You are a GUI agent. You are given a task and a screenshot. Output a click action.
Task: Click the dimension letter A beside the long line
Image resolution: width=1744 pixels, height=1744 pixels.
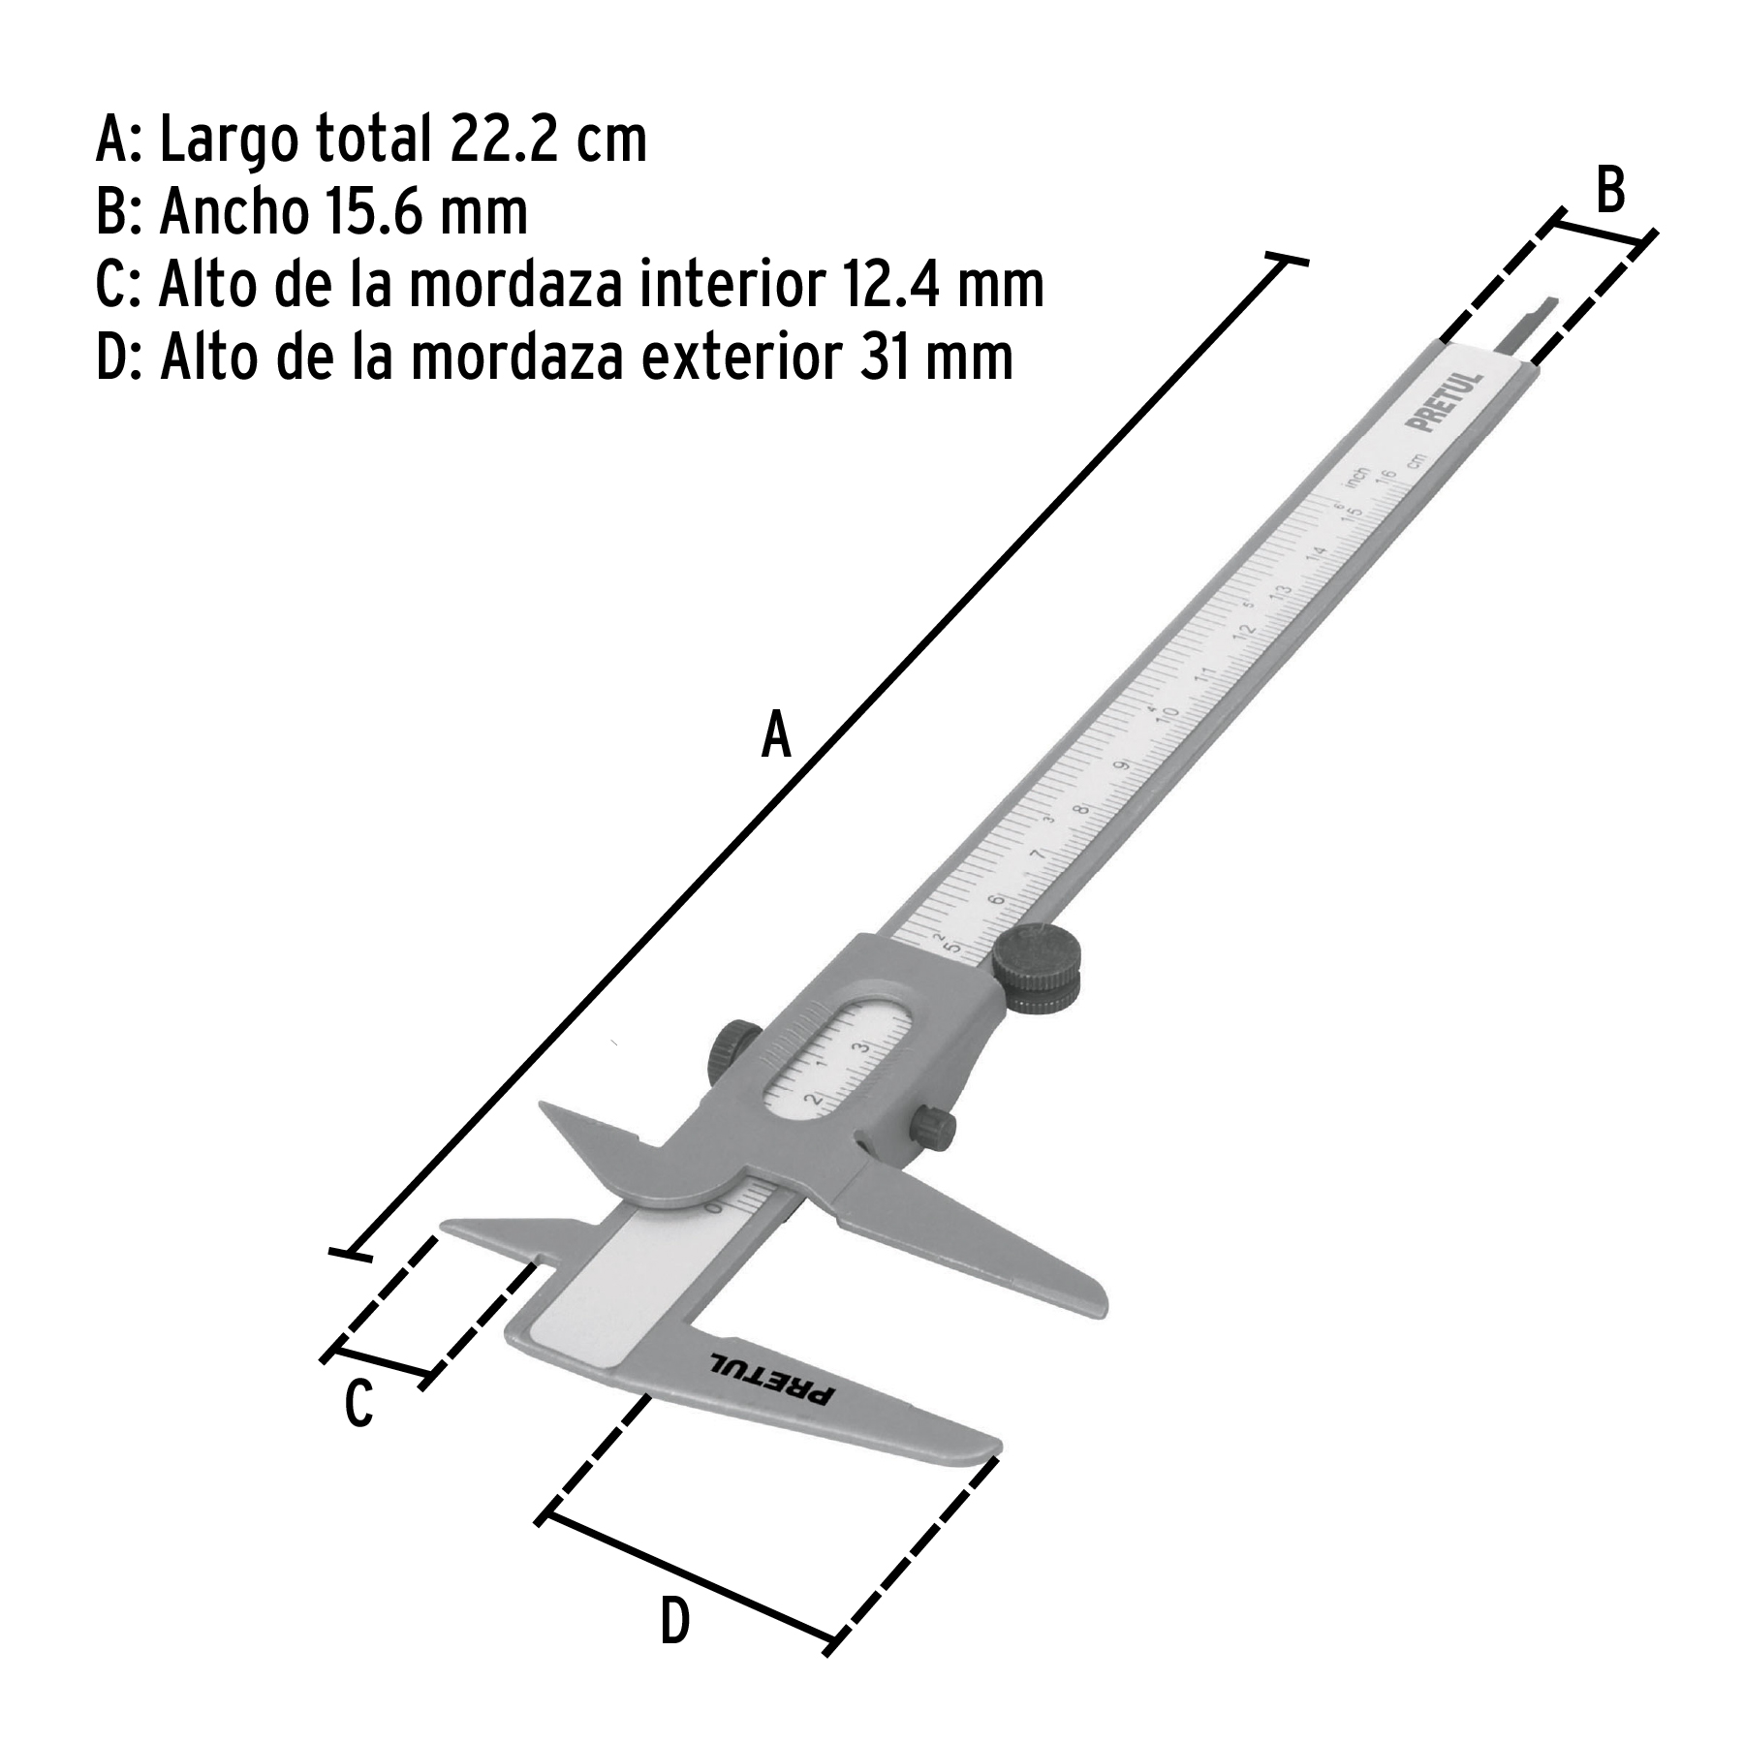776,733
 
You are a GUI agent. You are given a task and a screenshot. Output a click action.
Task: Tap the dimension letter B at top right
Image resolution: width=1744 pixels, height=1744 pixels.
1609,190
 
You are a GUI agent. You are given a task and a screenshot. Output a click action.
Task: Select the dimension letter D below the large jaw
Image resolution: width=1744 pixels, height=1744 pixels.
675,1622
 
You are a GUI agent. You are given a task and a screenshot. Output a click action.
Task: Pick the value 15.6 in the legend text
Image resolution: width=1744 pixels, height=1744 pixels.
366,212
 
